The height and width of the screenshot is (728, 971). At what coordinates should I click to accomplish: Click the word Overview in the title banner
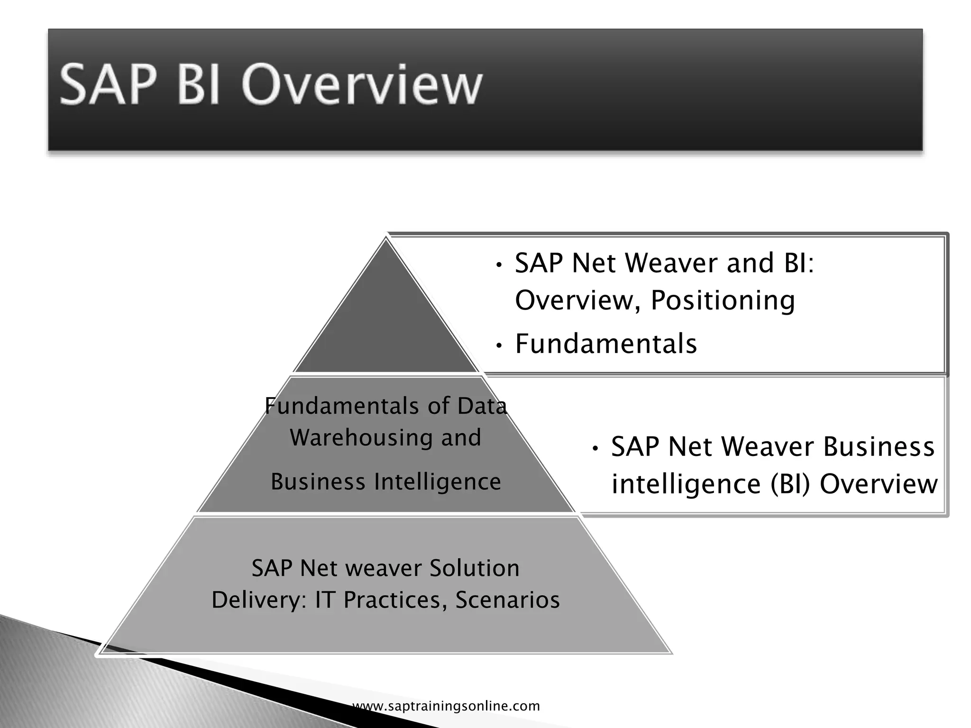(x=361, y=85)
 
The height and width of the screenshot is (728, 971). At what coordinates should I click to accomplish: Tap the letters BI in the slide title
(x=198, y=85)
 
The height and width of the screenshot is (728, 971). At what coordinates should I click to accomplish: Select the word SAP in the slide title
(x=107, y=85)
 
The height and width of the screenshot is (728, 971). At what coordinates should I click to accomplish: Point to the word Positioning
(x=723, y=300)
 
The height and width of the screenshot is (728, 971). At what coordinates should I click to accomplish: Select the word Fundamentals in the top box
(x=606, y=344)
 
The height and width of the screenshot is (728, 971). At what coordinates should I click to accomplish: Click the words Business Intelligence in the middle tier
(x=385, y=482)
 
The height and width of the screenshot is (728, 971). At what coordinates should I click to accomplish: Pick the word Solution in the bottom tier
(x=474, y=568)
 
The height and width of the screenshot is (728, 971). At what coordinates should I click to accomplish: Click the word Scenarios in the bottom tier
(x=507, y=600)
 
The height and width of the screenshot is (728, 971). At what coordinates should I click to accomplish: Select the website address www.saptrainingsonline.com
(x=446, y=706)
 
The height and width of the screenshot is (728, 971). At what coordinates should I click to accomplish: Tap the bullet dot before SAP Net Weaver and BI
(x=498, y=265)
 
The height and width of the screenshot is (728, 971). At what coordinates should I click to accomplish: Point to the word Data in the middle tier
(x=482, y=406)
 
